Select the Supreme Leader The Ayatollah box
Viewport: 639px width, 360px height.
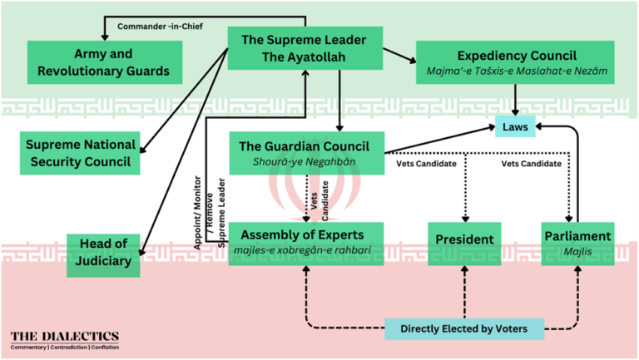coord(305,48)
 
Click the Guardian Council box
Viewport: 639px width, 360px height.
coord(305,152)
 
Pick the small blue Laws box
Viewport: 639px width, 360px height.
coord(515,128)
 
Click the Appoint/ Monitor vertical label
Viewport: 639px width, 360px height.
coord(197,213)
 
